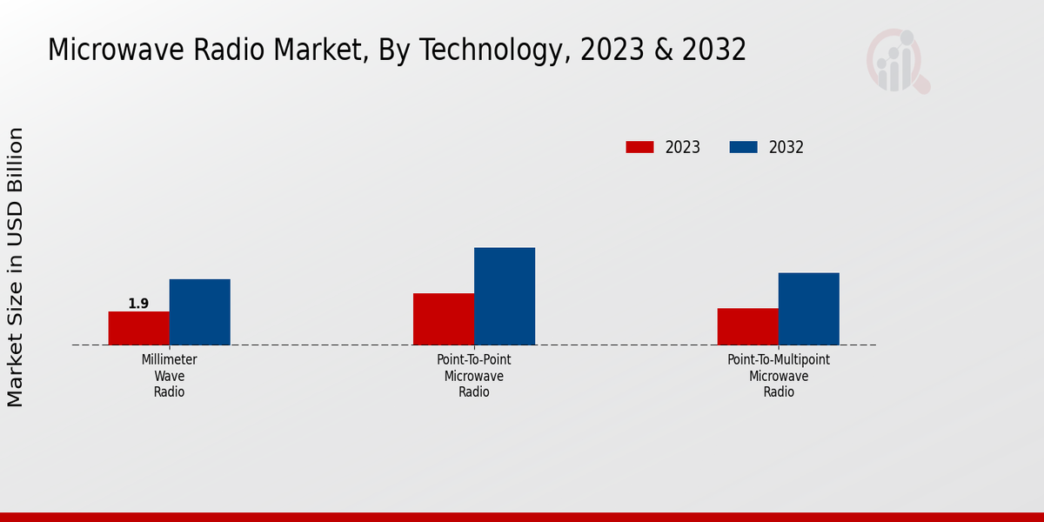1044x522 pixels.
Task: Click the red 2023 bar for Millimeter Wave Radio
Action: (138, 328)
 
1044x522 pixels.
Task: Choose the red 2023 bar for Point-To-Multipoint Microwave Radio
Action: (747, 326)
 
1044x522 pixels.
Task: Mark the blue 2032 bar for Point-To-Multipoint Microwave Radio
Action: (808, 309)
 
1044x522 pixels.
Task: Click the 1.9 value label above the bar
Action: (138, 304)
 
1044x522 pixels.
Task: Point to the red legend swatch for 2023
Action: (639, 147)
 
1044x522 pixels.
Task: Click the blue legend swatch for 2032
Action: (743, 147)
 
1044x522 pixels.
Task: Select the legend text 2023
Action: (683, 147)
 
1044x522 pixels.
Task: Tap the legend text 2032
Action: (786, 147)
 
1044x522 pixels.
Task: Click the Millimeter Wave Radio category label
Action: (170, 376)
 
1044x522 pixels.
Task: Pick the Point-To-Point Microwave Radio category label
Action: (474, 376)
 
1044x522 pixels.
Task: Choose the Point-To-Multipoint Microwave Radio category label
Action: (779, 376)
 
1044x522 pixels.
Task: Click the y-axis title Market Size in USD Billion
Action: (16, 267)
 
